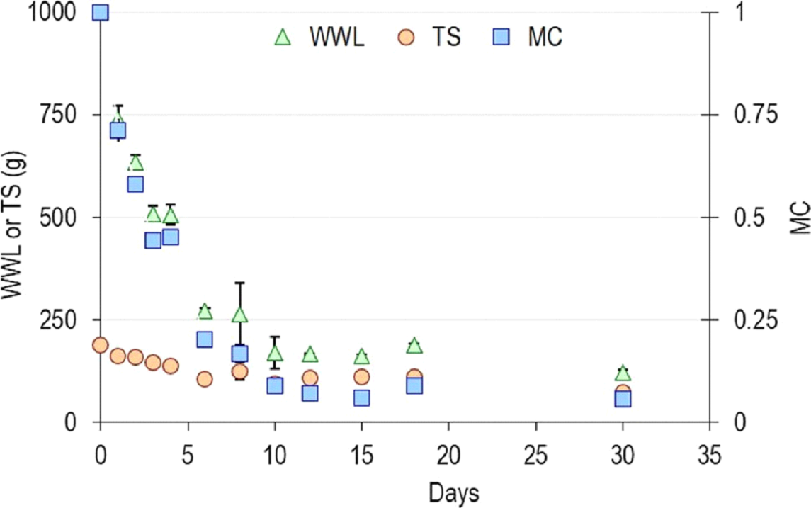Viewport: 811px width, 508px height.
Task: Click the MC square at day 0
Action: (x=101, y=12)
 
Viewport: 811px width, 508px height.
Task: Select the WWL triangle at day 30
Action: (x=623, y=373)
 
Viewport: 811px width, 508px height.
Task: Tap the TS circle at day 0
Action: (x=100, y=345)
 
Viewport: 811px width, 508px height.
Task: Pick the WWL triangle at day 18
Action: (x=414, y=345)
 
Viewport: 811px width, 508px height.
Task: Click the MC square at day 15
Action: (x=361, y=397)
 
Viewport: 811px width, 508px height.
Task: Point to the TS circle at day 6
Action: (x=205, y=379)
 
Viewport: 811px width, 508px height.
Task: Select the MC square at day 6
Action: (x=205, y=339)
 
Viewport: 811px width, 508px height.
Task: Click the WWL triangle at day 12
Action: (x=310, y=354)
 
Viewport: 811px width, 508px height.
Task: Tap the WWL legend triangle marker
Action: (x=283, y=37)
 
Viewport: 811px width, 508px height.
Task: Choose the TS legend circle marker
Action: (x=405, y=37)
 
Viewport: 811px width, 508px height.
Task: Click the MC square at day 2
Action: (x=135, y=184)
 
